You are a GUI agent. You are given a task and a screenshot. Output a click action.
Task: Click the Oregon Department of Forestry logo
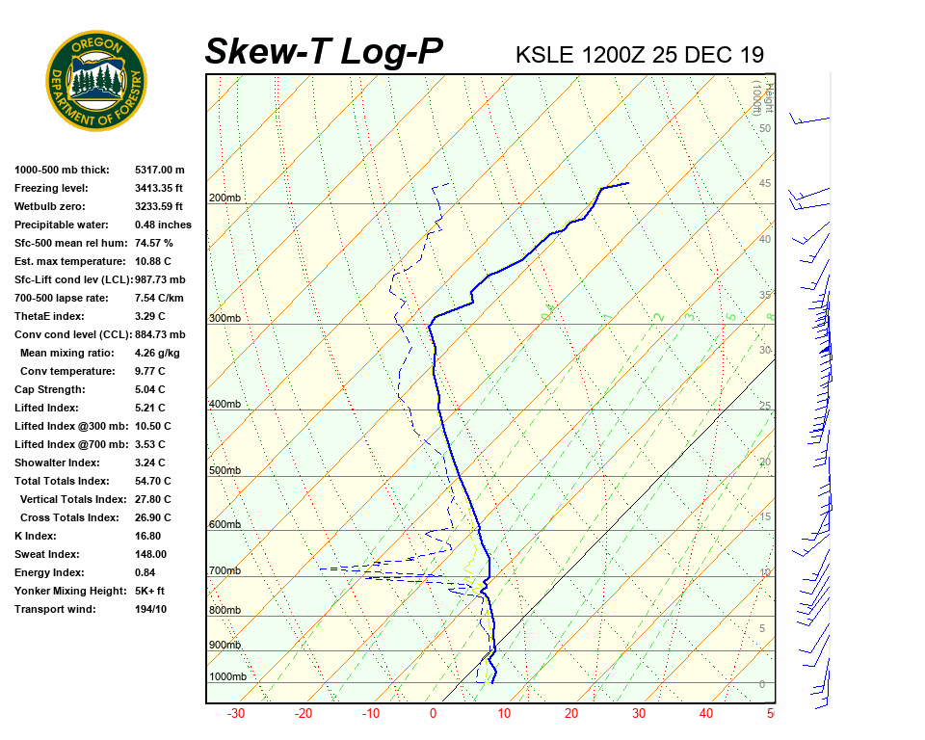pos(96,81)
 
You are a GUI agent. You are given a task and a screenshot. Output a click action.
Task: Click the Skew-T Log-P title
pos(324,51)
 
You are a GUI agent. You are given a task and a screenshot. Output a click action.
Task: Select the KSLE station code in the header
pos(545,54)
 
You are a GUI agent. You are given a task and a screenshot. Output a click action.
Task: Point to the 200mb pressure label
pos(225,198)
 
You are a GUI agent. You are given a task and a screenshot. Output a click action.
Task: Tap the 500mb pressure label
pos(225,471)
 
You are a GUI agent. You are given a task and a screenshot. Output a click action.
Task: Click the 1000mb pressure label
pos(227,677)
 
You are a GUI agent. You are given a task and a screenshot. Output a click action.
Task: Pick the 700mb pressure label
pos(225,571)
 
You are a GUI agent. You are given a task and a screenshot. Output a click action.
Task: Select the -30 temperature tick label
pos(235,714)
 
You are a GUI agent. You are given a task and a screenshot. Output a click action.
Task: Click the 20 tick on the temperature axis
pos(571,714)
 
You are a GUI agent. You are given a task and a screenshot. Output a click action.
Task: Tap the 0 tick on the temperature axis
pos(433,714)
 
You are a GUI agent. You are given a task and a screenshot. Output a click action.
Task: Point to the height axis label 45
pos(765,184)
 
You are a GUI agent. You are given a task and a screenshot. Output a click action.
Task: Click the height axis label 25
pos(765,407)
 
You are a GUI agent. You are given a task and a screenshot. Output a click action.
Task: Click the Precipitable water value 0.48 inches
pos(163,225)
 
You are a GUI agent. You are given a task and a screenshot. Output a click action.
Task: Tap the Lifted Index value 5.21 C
pos(152,408)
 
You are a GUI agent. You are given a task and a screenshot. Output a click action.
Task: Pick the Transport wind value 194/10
pos(150,609)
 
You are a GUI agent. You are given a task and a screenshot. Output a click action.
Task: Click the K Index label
pos(36,536)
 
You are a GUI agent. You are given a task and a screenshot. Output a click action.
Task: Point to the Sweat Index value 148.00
pos(150,554)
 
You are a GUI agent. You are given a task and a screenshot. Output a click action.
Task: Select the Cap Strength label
pos(50,389)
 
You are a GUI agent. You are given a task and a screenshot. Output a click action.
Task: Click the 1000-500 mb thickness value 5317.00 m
pos(160,170)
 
